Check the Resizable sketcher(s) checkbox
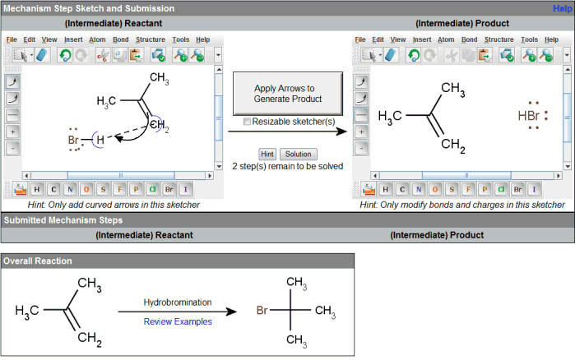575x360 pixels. (x=248, y=122)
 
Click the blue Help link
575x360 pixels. (x=563, y=8)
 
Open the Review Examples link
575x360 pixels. (x=178, y=321)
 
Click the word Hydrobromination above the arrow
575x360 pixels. (x=178, y=303)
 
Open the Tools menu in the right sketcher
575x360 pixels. (x=530, y=39)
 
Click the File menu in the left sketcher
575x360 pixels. (x=12, y=39)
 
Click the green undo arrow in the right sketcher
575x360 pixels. (x=413, y=56)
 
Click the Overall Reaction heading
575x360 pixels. (x=37, y=261)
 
